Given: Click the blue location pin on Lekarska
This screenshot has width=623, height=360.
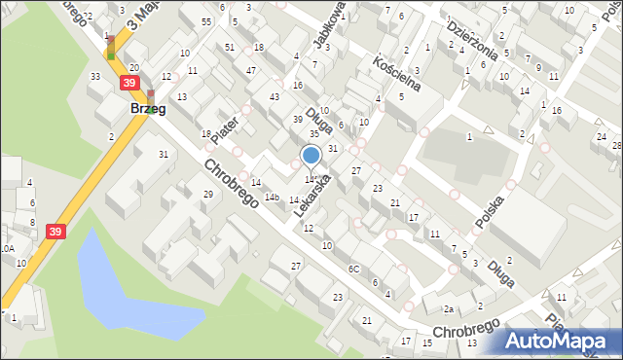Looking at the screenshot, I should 311,156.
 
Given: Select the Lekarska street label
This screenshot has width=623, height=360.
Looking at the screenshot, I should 314,196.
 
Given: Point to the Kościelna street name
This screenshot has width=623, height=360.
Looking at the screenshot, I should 396,73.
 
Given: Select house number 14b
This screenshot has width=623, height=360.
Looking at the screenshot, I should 274,198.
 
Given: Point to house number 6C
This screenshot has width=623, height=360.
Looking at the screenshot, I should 354,269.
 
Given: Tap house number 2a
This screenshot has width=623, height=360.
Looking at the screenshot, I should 449,309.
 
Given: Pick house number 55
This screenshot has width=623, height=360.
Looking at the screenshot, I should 206,21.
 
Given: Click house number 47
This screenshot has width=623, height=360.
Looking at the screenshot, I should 251,71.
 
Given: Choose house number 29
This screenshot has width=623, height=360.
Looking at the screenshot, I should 207,195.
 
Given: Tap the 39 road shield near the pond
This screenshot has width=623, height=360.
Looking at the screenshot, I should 56,231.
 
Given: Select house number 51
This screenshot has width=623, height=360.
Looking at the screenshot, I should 229,47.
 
